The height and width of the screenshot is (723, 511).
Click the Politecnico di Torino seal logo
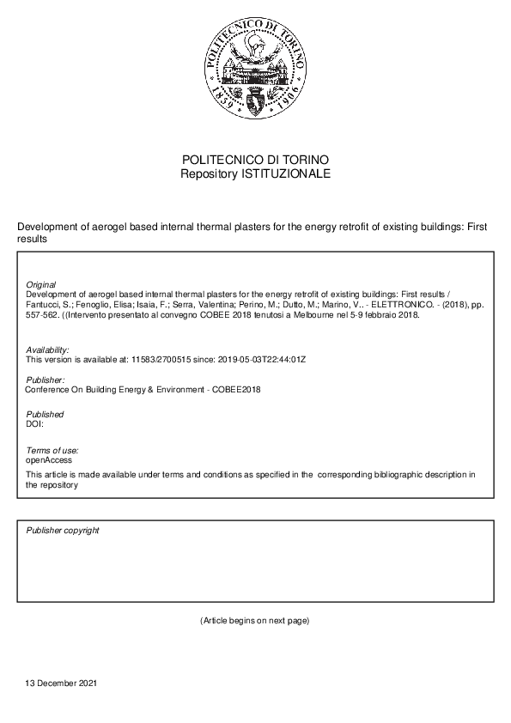[x=255, y=72]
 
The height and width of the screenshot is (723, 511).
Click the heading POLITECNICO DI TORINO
[x=255, y=161]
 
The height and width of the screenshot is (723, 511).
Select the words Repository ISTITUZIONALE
[x=255, y=173]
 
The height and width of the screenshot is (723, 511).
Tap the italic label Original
[x=41, y=284]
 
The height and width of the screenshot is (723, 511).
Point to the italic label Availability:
[x=48, y=349]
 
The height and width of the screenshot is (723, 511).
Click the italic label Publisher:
[x=45, y=380]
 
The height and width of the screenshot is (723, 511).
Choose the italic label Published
[x=45, y=415]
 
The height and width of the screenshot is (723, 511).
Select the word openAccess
[x=50, y=460]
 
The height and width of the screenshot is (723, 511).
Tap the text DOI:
[x=35, y=424]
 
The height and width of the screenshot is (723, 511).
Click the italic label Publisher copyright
[x=63, y=531]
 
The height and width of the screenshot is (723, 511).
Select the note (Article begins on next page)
[x=254, y=620]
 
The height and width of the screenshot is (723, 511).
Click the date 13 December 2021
[x=61, y=684]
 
